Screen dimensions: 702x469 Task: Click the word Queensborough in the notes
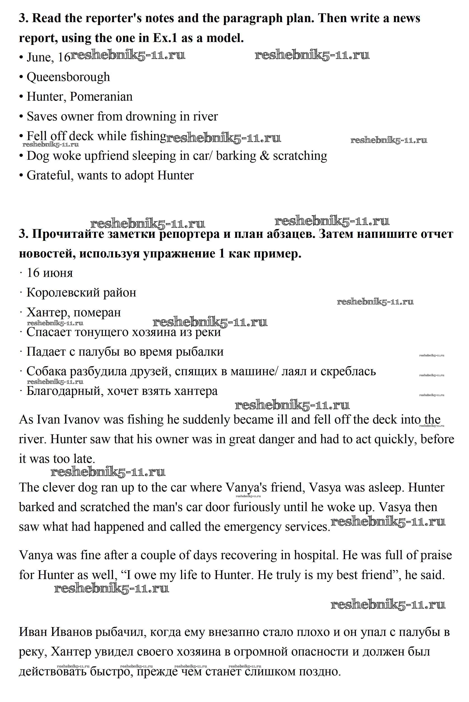point(68,77)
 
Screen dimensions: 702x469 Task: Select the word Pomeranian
point(101,97)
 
